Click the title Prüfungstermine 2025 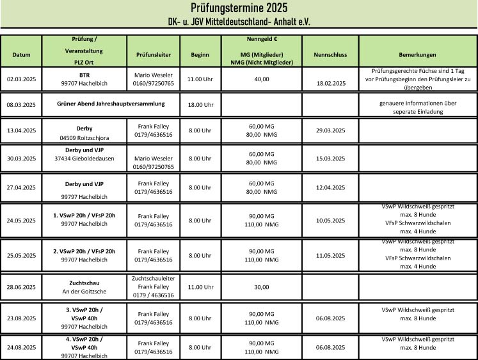(x=239, y=8)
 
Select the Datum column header (x=21, y=55)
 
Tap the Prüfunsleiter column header (x=154, y=55)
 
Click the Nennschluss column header (x=330, y=55)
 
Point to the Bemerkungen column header (x=417, y=55)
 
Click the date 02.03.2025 (x=21, y=79)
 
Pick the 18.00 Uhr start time (x=200, y=104)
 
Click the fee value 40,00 (x=261, y=79)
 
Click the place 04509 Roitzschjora (x=84, y=137)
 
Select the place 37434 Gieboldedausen (x=84, y=158)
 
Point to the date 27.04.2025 (x=21, y=187)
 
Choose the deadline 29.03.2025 (x=330, y=130)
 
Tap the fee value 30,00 (x=261, y=287)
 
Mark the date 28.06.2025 (x=21, y=287)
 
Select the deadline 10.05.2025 (x=330, y=221)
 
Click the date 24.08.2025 (x=21, y=347)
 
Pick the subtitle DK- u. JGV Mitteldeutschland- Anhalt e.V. (x=239, y=21)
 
